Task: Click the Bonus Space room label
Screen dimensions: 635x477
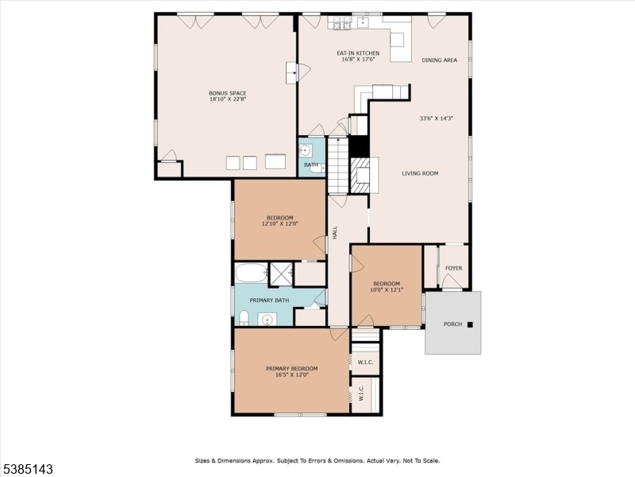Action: (228, 93)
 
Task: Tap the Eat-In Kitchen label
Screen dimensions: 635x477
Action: (359, 53)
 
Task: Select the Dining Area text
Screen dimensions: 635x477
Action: (440, 60)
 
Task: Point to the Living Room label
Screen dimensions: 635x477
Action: (420, 173)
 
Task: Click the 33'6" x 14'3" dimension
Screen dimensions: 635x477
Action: (436, 118)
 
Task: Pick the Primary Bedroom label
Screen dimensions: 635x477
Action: (291, 369)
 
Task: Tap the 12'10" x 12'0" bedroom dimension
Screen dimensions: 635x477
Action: (280, 223)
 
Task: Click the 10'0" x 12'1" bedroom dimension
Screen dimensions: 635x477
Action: (387, 289)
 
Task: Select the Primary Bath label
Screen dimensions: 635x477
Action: (269, 301)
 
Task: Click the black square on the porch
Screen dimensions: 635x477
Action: (470, 324)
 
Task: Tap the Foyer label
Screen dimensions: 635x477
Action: (453, 268)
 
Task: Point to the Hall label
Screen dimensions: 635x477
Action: (335, 232)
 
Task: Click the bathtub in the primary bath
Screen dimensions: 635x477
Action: (252, 273)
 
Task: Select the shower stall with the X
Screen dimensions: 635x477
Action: (282, 273)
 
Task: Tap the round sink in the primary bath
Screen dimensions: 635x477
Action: (267, 320)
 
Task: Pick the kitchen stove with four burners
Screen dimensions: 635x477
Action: (341, 23)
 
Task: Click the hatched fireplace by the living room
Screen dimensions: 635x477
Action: (360, 175)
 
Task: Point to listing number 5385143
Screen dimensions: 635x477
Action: (27, 469)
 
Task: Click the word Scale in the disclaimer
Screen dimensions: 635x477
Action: (431, 461)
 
